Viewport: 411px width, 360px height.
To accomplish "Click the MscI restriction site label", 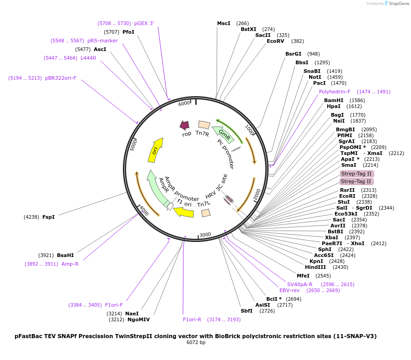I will (x=223, y=23).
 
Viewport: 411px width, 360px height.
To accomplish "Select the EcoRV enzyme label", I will (x=275, y=41).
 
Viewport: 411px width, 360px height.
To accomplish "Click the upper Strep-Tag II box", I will (x=356, y=174).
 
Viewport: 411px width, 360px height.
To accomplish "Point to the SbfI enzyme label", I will (x=247, y=311).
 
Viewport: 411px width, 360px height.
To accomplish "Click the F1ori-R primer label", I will (x=192, y=319).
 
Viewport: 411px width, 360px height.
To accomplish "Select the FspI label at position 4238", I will (x=48, y=217).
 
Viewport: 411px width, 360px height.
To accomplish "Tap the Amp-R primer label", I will (x=70, y=264).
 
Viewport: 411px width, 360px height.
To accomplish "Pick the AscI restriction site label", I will (x=100, y=49).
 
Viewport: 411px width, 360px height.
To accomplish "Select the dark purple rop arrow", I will (x=184, y=125).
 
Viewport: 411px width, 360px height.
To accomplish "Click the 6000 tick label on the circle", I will (x=184, y=103).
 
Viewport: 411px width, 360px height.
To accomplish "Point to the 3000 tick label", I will (x=205, y=235).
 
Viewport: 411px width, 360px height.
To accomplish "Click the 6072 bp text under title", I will (x=196, y=342).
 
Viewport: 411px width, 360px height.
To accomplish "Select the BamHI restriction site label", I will (x=334, y=100).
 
